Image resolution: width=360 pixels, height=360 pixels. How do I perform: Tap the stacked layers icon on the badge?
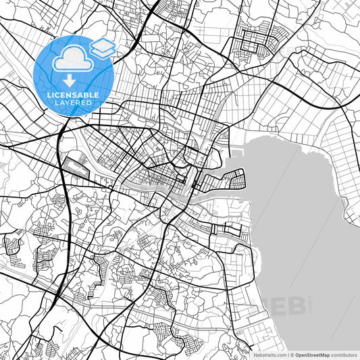(x=103, y=48)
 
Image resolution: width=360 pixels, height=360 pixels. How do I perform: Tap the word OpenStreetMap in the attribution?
(x=313, y=355)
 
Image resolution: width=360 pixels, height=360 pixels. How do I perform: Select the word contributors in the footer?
(x=344, y=355)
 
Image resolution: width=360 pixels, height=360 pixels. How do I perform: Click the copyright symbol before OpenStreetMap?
(x=292, y=355)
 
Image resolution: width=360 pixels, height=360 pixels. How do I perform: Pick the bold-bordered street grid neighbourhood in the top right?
(x=254, y=44)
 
